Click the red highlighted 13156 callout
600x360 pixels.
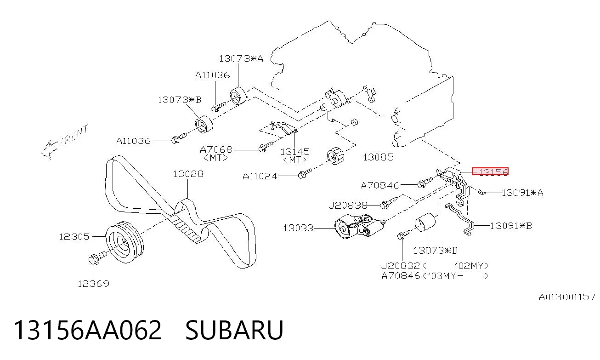point(490,171)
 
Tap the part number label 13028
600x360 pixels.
point(188,174)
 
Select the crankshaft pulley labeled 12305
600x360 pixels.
point(125,241)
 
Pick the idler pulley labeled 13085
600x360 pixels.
point(335,156)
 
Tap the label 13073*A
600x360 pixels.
point(241,59)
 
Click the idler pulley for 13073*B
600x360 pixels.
point(204,125)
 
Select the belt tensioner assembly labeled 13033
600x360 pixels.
point(359,227)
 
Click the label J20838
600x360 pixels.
point(348,206)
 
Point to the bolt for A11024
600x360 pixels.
point(305,173)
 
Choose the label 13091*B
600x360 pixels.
point(511,226)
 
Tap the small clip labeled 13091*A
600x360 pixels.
point(481,192)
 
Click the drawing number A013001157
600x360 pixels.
point(567,297)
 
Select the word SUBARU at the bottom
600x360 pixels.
point(234,330)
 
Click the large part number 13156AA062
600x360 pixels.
point(88,330)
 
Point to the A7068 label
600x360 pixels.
point(216,149)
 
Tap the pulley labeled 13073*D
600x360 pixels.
point(425,222)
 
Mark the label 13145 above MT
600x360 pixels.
point(295,152)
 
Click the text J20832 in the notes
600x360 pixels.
point(401,266)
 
